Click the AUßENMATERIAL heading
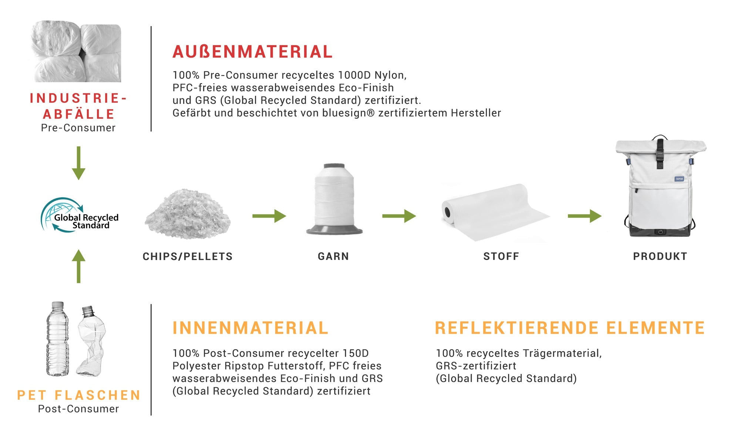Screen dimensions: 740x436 (253, 52)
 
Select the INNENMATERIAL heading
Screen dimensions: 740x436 (250, 328)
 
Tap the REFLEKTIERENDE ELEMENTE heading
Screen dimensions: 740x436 (570, 328)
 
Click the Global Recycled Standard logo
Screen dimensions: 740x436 (80, 215)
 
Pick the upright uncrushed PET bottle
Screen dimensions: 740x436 (58, 339)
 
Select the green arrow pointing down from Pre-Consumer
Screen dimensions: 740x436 (78, 163)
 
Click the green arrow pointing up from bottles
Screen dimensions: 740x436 (78, 266)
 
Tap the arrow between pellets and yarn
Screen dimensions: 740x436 (269, 216)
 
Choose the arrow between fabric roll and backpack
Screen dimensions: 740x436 (585, 216)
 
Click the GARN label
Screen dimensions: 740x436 (333, 256)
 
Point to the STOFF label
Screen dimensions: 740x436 (501, 256)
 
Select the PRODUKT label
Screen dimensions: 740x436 (660, 256)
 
